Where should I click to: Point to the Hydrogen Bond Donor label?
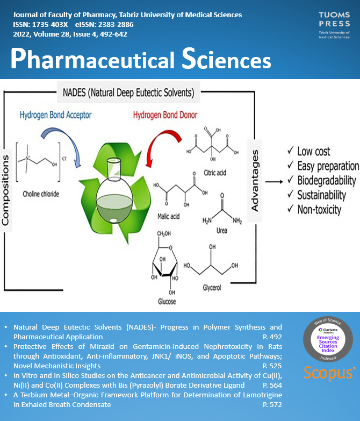pos(166,115)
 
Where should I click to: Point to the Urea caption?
pos(222,231)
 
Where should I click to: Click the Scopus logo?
pos(330,373)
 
